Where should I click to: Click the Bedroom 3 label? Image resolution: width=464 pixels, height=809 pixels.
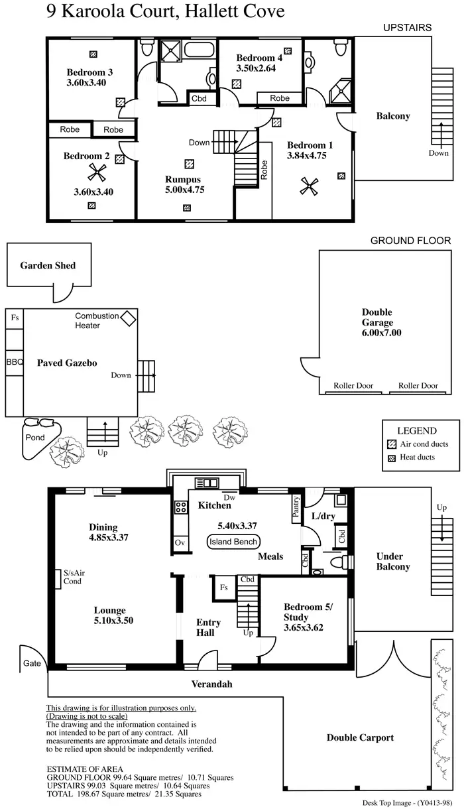click(x=89, y=72)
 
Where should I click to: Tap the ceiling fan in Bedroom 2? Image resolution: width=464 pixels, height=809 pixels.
click(x=97, y=174)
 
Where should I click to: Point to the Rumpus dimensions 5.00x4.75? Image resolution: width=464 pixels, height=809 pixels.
click(x=183, y=189)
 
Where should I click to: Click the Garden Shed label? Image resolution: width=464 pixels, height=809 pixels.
click(x=48, y=265)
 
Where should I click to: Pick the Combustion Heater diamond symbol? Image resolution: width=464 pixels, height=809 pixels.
click(x=128, y=318)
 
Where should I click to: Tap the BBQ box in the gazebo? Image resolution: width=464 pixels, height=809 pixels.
click(x=15, y=363)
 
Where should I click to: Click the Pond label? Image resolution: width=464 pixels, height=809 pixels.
click(x=34, y=438)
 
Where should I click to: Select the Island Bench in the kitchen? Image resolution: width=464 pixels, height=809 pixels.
click(x=233, y=542)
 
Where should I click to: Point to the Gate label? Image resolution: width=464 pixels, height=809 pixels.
click(x=32, y=663)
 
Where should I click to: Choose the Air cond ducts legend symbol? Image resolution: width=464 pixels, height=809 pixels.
click(x=391, y=444)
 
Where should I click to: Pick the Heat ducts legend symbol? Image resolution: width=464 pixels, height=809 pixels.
click(x=391, y=458)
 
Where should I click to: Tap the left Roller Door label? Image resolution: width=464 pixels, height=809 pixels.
click(x=355, y=385)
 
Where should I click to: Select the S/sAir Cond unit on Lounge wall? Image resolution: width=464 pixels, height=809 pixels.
click(x=58, y=577)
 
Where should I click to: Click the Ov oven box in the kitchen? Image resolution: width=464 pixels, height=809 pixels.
click(x=180, y=542)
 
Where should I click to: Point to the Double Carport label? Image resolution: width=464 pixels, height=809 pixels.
click(x=360, y=737)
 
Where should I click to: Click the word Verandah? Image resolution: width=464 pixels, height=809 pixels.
click(x=212, y=684)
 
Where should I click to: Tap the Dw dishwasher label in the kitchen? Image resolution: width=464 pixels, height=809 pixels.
click(x=229, y=497)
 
